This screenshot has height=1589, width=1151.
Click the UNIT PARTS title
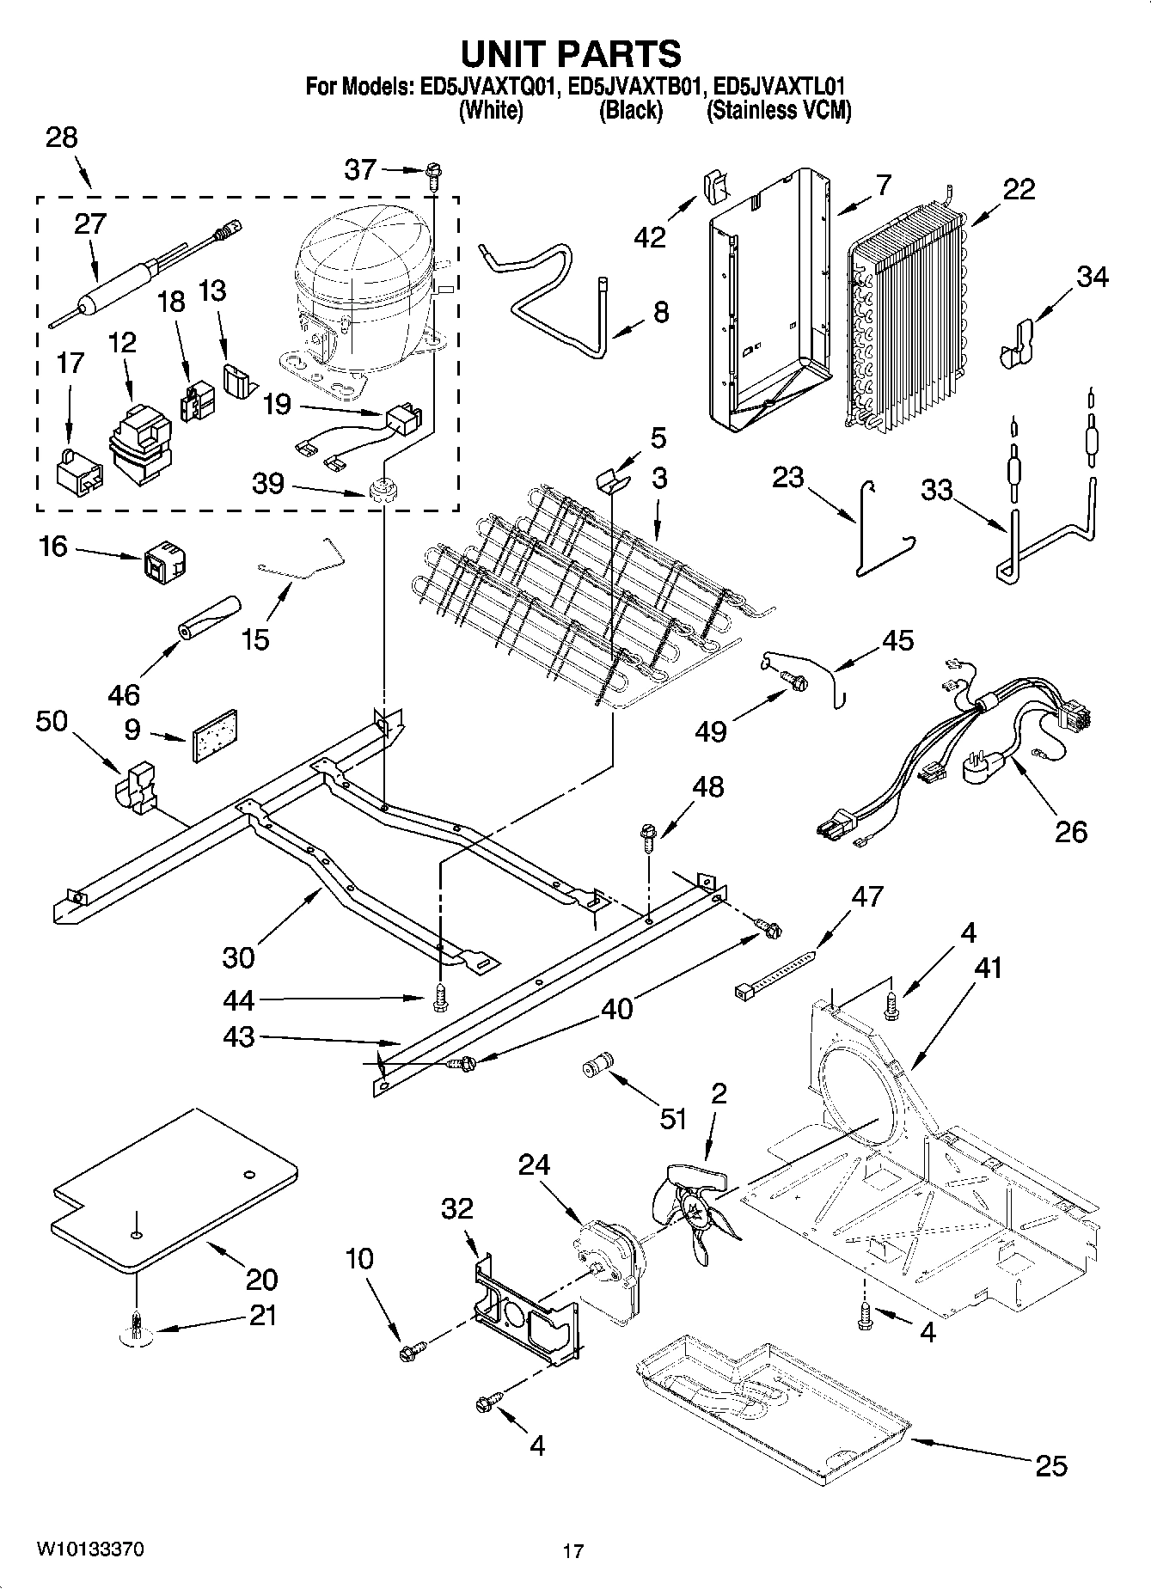point(571,54)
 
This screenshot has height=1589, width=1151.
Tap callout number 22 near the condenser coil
point(1019,189)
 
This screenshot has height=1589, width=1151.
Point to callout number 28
point(61,137)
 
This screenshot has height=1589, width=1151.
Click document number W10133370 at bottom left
point(89,1549)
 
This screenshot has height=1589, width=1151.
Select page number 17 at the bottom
point(572,1551)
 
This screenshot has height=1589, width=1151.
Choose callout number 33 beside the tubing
point(937,490)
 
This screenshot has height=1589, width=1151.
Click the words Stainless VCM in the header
point(778,110)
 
